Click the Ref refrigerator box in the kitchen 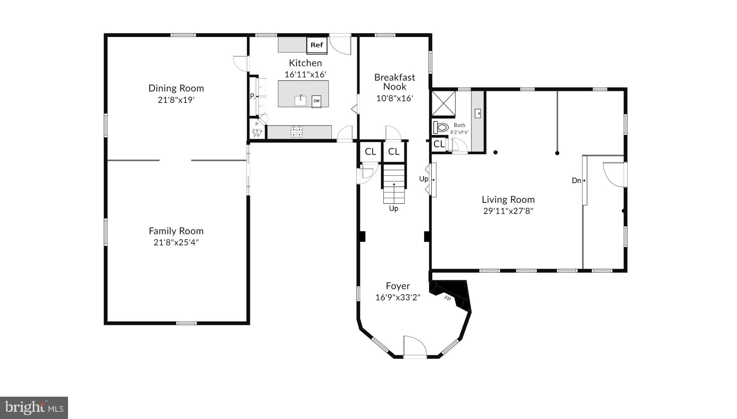(x=317, y=45)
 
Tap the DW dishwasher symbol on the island (x=316, y=101)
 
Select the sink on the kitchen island (x=300, y=100)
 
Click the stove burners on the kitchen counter (x=297, y=132)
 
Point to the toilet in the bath (x=441, y=127)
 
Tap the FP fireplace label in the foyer (x=448, y=298)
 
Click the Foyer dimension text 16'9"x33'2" (x=398, y=297)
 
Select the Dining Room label (x=176, y=88)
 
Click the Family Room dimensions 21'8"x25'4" (x=176, y=242)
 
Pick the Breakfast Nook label (x=394, y=82)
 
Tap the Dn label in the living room (x=576, y=181)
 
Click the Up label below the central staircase (x=393, y=209)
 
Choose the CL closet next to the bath (x=439, y=144)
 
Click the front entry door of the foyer (x=415, y=347)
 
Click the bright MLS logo (x=34, y=408)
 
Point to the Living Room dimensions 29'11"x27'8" (x=508, y=211)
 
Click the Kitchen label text (x=305, y=63)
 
